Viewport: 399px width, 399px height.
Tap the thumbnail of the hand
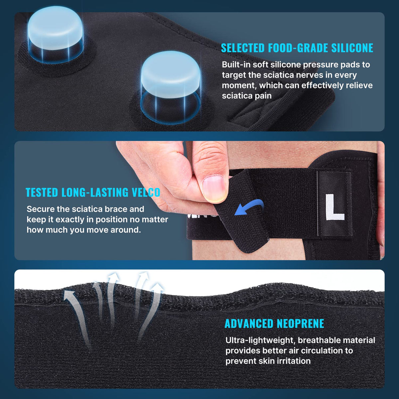[213, 188]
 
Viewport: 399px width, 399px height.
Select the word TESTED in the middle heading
[42, 193]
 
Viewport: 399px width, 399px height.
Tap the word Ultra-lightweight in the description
[260, 340]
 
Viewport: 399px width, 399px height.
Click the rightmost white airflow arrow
[151, 303]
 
